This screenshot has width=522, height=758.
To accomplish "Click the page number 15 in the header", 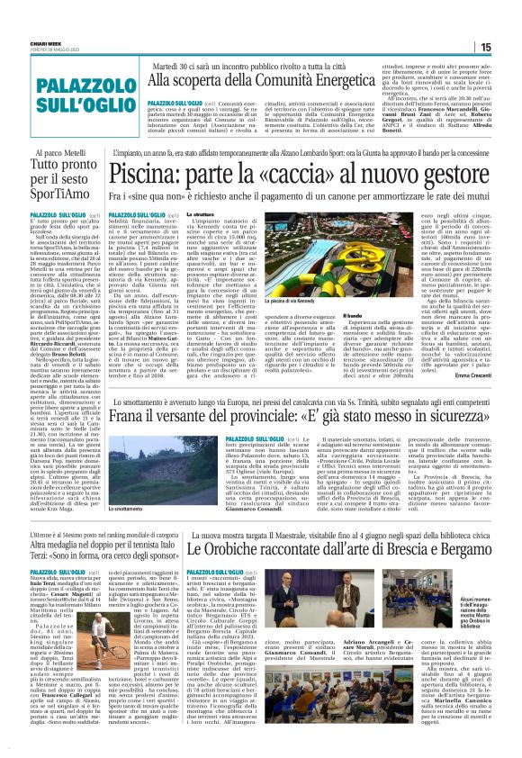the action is (x=509, y=48).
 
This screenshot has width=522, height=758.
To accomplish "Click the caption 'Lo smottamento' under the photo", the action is (x=102, y=509).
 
